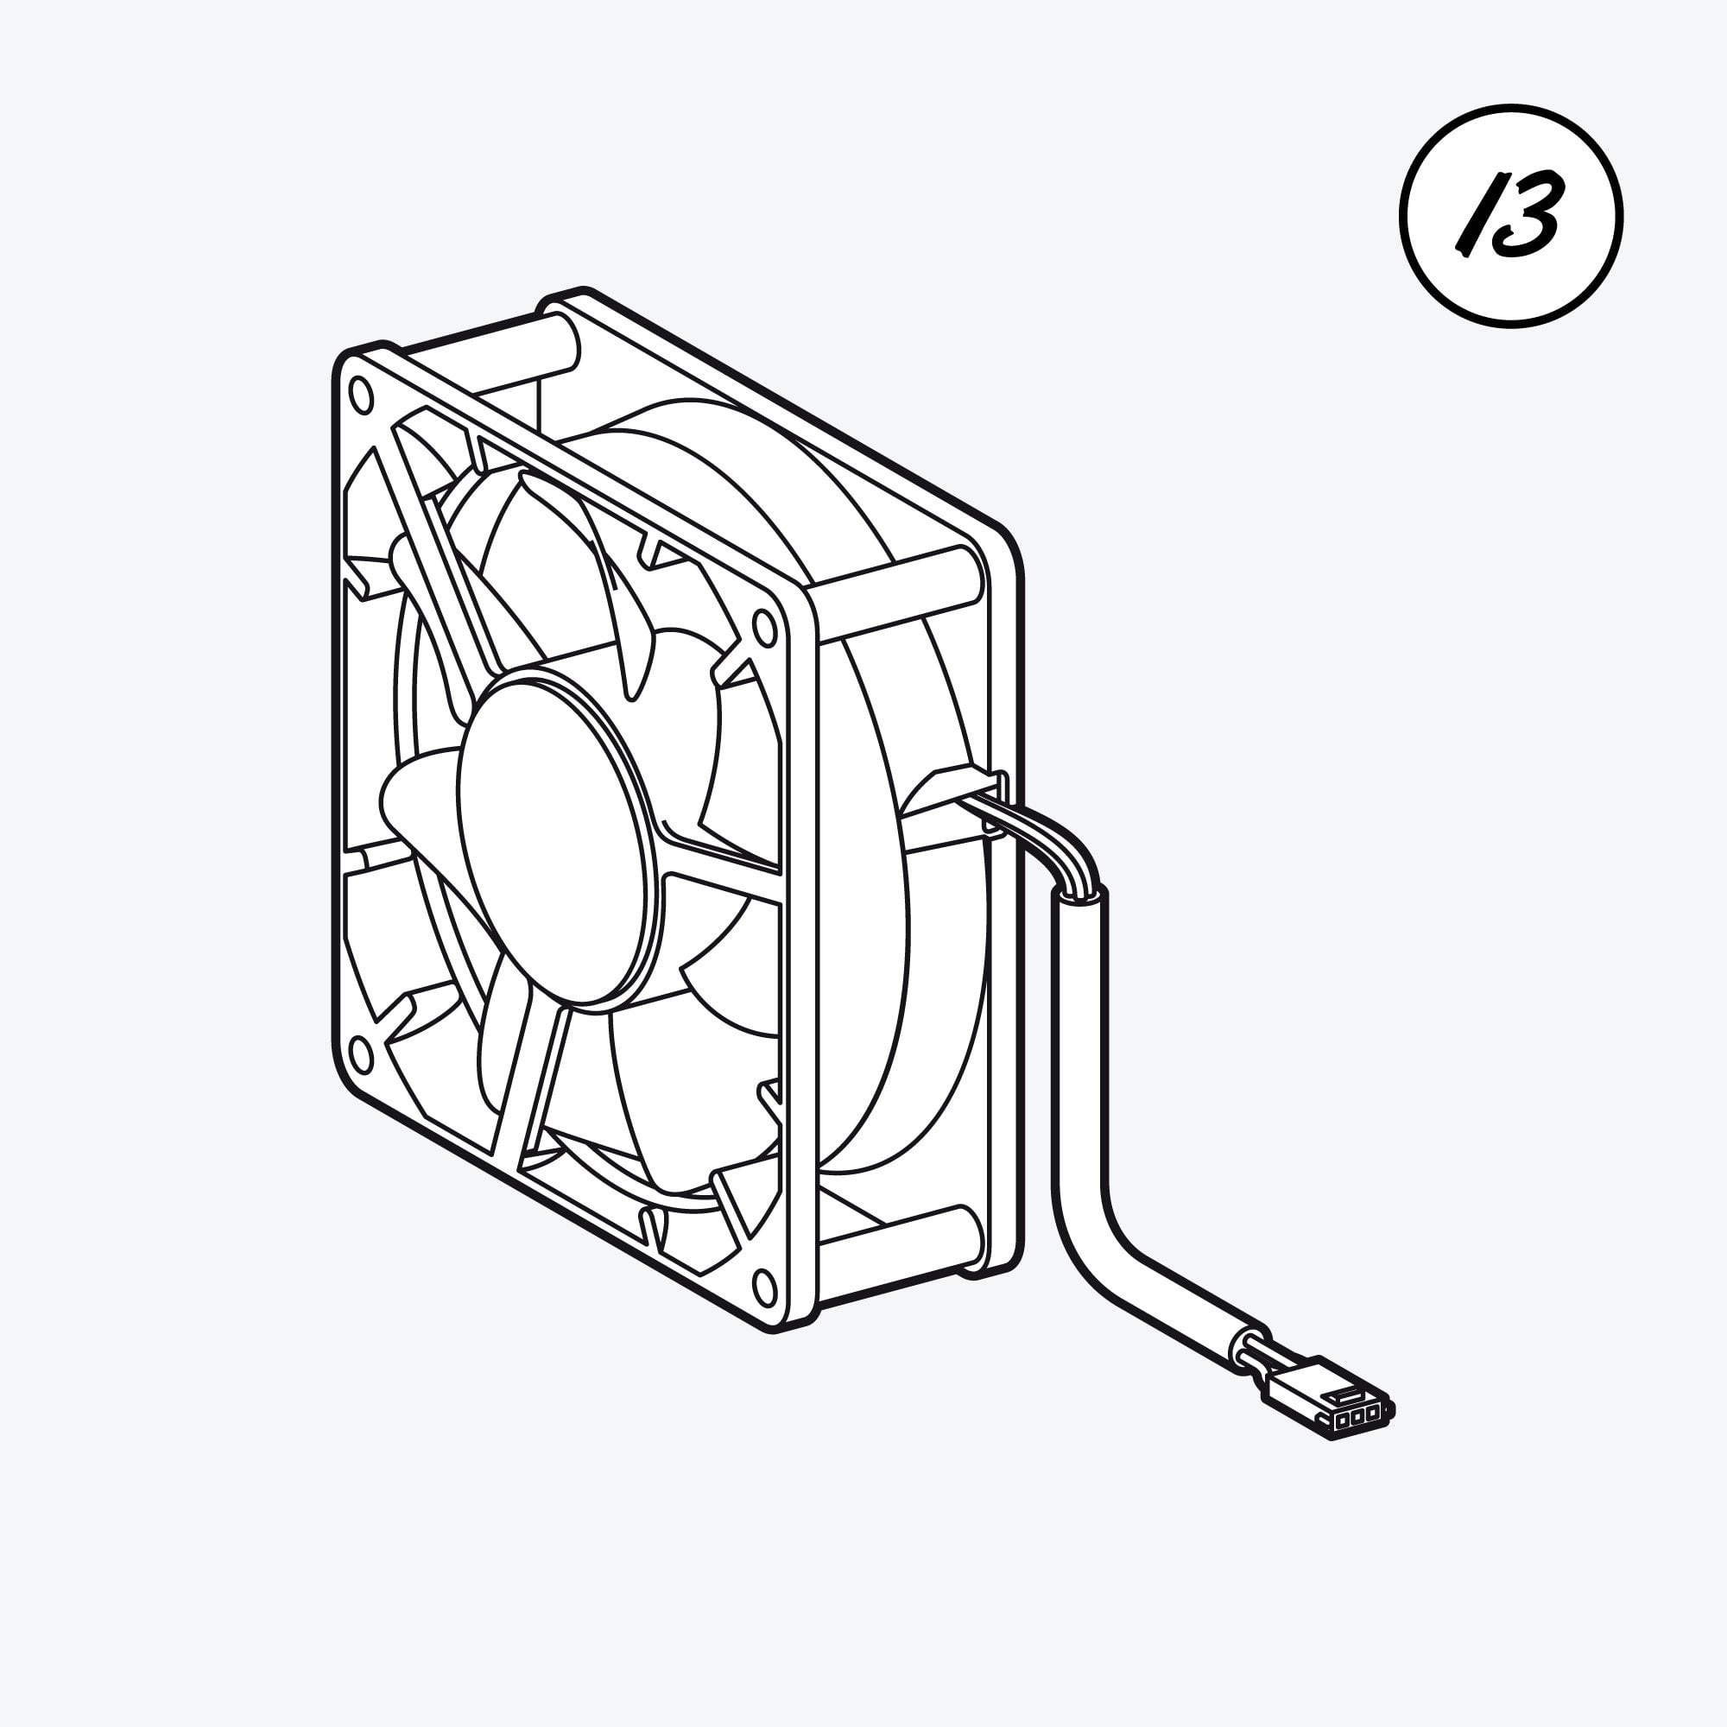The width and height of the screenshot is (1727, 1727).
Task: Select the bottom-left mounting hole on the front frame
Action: coord(359,1053)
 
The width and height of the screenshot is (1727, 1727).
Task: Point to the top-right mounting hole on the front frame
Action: coord(764,628)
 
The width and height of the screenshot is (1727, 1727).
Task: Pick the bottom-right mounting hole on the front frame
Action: coord(765,1287)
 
